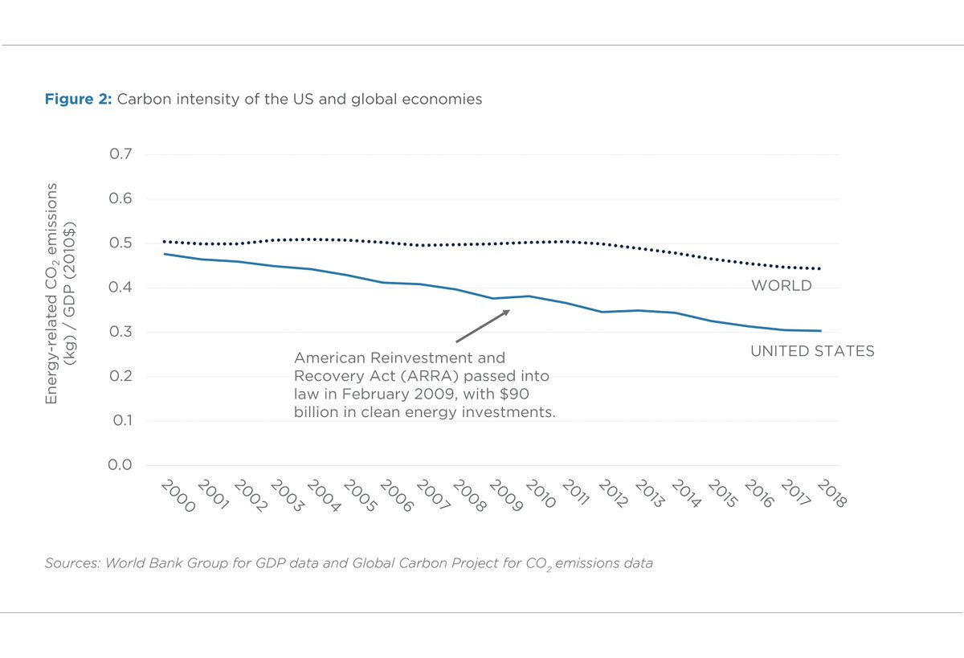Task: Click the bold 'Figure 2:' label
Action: [x=79, y=100]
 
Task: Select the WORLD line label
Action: [x=781, y=286]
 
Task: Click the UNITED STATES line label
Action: [x=812, y=352]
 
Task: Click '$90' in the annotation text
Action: [x=513, y=394]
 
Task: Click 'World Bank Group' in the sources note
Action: [x=156, y=563]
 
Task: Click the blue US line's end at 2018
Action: [x=820, y=331]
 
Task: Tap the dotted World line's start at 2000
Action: [x=165, y=241]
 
